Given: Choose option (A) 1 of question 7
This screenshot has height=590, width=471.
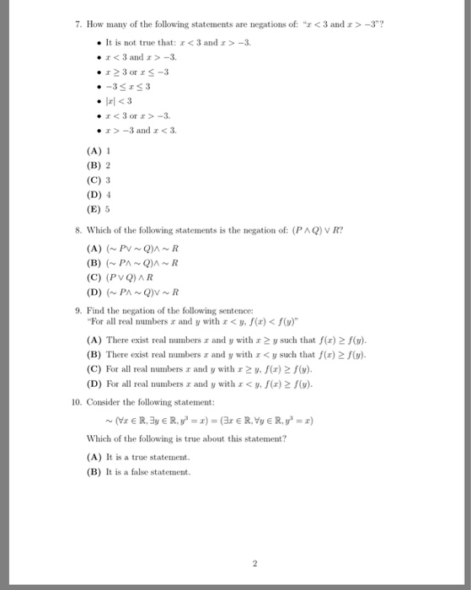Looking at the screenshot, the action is click(x=102, y=151).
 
